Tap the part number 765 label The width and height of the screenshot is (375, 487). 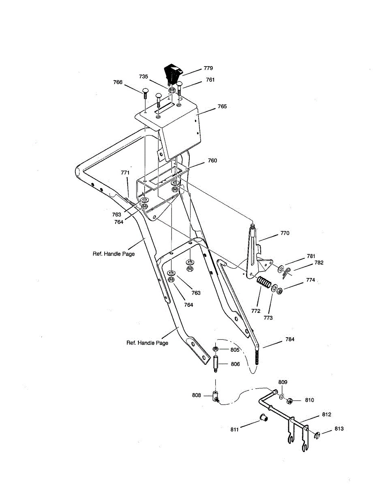pos(222,107)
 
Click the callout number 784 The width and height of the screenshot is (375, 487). pos(289,339)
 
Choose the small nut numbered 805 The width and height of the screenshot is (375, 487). pos(216,349)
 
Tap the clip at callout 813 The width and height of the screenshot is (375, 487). pos(317,435)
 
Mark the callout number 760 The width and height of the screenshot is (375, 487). pos(212,161)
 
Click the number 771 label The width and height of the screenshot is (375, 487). pos(126,173)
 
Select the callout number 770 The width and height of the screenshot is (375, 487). pos(285,234)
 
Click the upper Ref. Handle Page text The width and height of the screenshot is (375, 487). pos(114,254)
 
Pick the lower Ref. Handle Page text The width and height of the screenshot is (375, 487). pos(147,343)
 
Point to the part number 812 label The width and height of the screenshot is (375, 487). pos(327,414)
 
